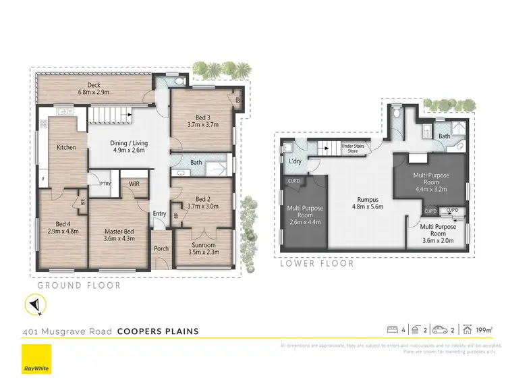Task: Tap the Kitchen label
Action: (66, 147)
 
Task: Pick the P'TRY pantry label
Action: (105, 184)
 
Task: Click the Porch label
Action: (161, 248)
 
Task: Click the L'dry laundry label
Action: (295, 162)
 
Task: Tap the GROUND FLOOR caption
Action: (79, 286)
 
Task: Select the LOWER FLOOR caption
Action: (316, 264)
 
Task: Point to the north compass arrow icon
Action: (34, 306)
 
